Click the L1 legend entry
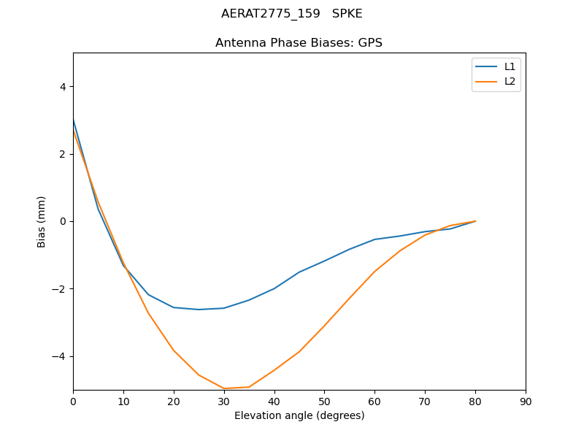point(510,66)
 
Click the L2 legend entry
point(510,81)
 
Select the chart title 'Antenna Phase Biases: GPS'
point(299,43)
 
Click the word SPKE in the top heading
point(347,14)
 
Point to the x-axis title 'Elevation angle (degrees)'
point(299,415)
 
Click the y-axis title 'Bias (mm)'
point(42,221)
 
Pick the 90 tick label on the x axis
point(526,401)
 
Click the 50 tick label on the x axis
point(324,401)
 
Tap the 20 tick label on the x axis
point(174,401)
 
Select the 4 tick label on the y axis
point(62,86)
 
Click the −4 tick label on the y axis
point(59,356)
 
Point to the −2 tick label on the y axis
point(59,289)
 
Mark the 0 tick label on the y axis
point(62,221)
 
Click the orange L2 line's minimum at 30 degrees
point(224,388)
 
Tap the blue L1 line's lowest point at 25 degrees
point(199,310)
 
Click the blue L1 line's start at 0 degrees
point(74,120)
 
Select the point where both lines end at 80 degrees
point(475,221)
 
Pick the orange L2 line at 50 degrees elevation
point(324,325)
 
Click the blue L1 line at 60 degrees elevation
point(374,239)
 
